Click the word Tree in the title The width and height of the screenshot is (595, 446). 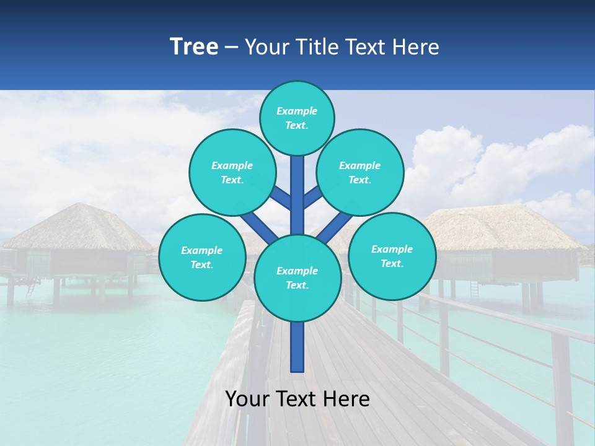(194, 46)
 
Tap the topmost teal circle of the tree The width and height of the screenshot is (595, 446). (297, 118)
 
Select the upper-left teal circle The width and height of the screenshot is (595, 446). (232, 172)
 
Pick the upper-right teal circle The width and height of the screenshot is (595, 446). (359, 172)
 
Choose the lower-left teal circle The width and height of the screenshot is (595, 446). (202, 257)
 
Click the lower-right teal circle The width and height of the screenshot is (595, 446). (392, 256)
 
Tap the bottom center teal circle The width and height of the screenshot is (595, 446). (297, 278)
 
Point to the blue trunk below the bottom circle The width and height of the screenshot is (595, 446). (297, 347)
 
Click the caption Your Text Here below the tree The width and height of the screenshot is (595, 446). (297, 399)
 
